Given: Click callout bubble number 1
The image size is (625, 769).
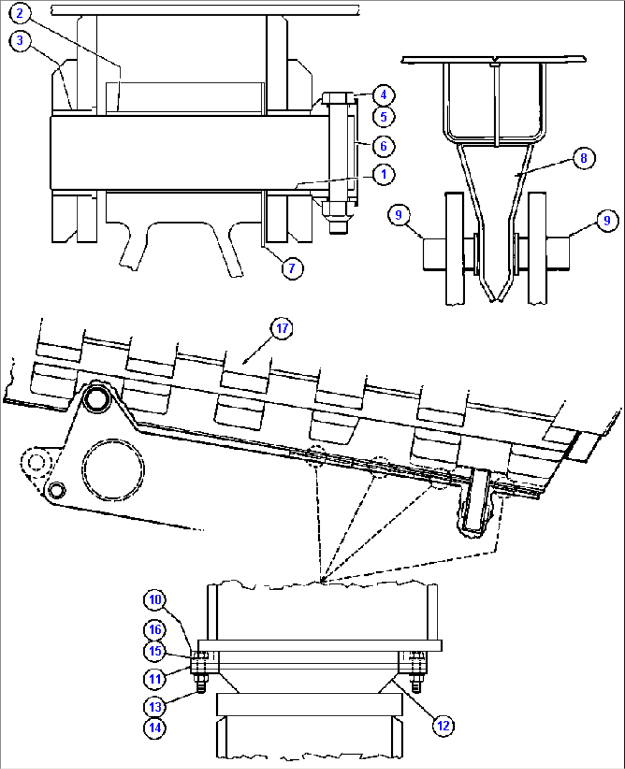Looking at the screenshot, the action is click(x=384, y=175).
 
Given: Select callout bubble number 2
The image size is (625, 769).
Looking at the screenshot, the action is click(x=20, y=13).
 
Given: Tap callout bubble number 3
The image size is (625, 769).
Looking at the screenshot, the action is click(x=20, y=41).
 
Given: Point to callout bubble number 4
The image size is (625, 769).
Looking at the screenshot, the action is click(x=384, y=95).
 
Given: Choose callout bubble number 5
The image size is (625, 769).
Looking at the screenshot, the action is click(x=384, y=117).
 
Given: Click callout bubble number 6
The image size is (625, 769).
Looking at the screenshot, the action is click(x=384, y=146).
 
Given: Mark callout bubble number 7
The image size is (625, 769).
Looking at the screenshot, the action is click(x=292, y=268).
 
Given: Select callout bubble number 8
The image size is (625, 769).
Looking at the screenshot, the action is click(x=584, y=158).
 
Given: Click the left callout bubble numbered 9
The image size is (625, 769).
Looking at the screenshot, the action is click(x=399, y=215).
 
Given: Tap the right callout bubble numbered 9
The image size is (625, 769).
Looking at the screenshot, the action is click(x=607, y=221).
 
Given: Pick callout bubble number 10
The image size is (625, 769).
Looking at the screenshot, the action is click(x=155, y=600).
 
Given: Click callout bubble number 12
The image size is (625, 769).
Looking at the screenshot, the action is click(x=443, y=725).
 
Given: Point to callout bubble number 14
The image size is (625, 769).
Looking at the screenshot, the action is click(x=155, y=728).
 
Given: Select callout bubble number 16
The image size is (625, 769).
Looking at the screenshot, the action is click(x=155, y=630).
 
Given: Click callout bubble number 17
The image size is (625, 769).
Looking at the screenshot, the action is click(x=282, y=328).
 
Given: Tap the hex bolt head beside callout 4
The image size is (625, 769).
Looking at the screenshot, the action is click(x=338, y=98).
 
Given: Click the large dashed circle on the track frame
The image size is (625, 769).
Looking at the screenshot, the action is click(x=113, y=469).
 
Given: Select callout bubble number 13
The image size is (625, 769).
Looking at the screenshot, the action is click(x=155, y=707).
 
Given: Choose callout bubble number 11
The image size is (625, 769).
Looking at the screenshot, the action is click(x=155, y=679).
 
